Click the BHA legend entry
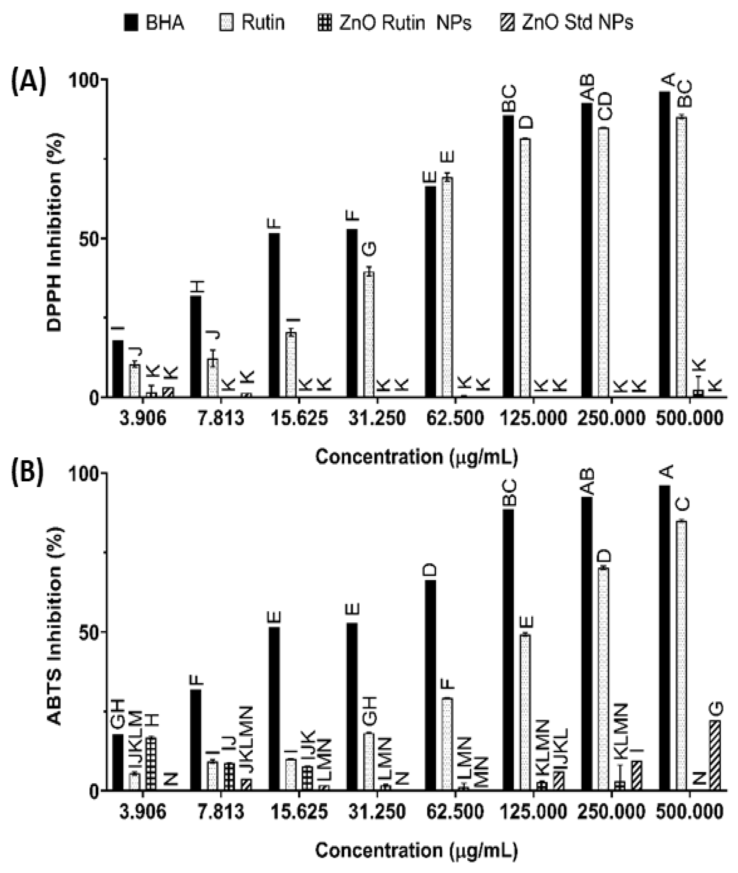pos(154,22)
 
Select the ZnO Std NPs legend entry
pos(566,22)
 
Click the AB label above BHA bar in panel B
pos(588,481)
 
